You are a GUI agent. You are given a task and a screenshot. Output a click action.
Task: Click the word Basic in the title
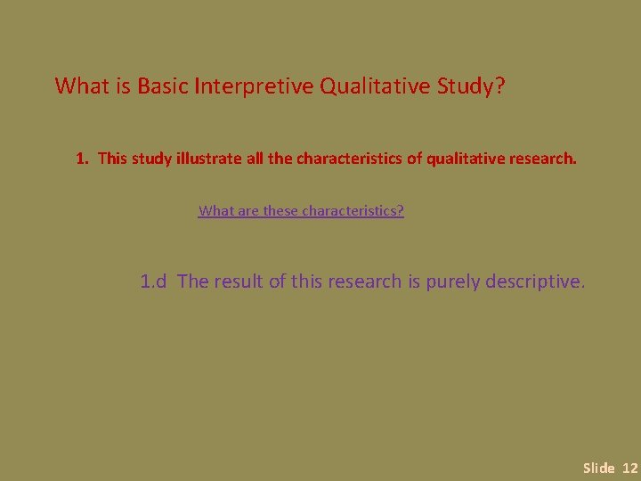click(x=162, y=86)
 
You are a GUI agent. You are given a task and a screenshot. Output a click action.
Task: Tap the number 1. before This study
click(x=83, y=159)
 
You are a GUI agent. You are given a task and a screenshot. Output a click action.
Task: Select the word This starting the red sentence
click(x=113, y=159)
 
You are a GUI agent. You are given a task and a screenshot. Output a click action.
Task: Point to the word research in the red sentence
click(x=542, y=159)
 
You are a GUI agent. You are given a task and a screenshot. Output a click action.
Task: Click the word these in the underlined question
click(x=281, y=211)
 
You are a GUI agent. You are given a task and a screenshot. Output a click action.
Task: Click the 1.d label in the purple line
click(x=154, y=282)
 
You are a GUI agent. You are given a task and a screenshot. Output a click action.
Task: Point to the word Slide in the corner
click(x=598, y=468)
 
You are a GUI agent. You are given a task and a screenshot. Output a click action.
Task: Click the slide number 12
click(x=629, y=468)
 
